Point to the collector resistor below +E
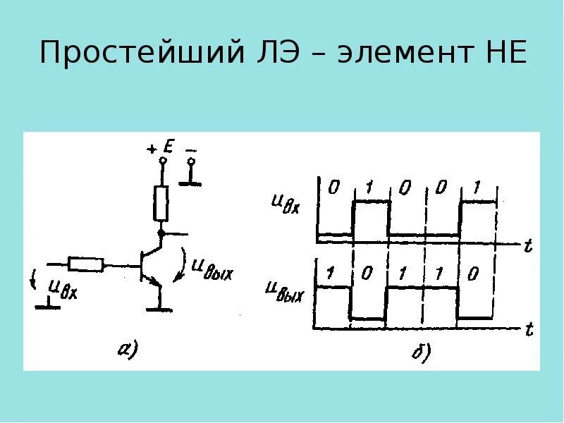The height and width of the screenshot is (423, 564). (x=161, y=202)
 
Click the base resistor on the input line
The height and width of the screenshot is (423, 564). (x=86, y=265)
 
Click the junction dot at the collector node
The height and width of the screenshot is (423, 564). (x=161, y=233)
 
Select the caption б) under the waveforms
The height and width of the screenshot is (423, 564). (x=422, y=352)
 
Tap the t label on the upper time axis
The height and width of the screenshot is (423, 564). (x=527, y=245)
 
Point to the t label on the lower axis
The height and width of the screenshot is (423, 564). (x=527, y=330)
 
